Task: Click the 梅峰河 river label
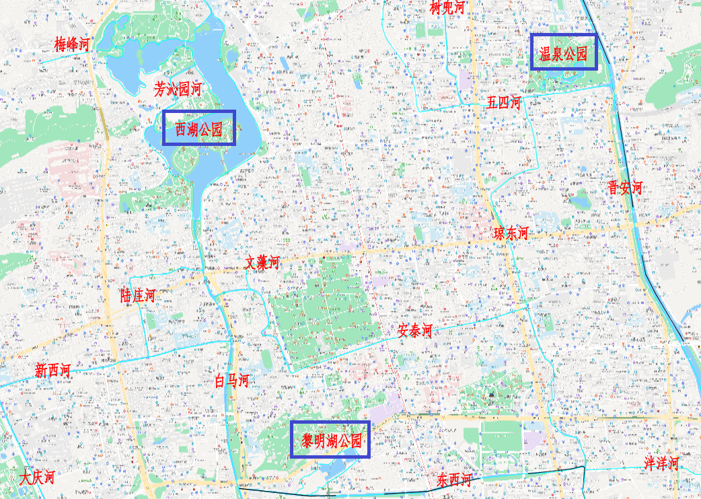pos(72,45)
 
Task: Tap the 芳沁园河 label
pos(178,89)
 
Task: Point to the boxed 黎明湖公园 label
pos(331,441)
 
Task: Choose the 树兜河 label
pos(447,7)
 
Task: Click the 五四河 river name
pos(504,103)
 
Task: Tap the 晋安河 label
pos(626,188)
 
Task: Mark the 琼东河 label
pos(511,233)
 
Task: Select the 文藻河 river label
pos(262,263)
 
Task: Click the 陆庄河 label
pos(138,295)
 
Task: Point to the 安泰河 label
pos(414,331)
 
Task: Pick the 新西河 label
pos(52,371)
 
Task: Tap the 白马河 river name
pos(231,381)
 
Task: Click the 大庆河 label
pos(36,478)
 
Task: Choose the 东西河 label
pos(454,480)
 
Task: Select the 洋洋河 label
pos(661,463)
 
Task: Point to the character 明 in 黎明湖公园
pos(316,441)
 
